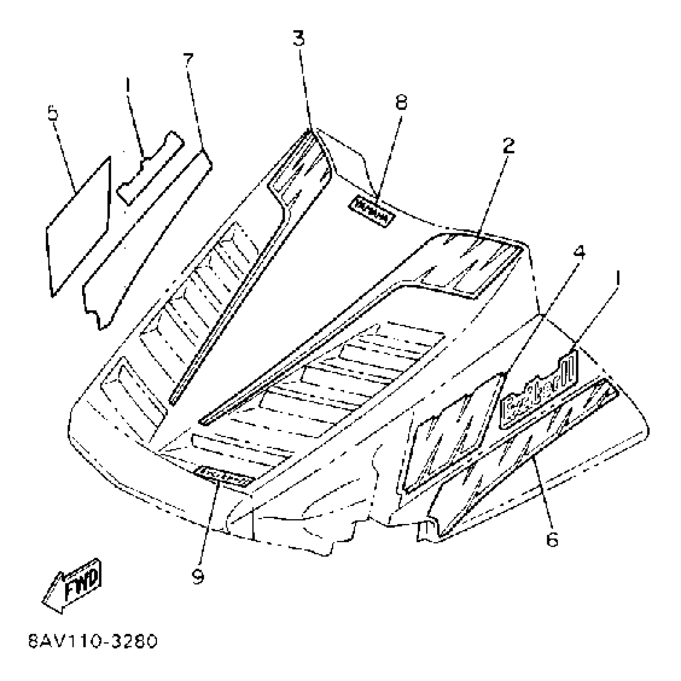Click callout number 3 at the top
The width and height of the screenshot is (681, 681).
click(x=298, y=39)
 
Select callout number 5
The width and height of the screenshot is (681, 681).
click(x=53, y=113)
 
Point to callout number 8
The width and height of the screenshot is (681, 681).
click(x=401, y=102)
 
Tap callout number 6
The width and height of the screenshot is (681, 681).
click(x=552, y=540)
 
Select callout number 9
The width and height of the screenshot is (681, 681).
click(x=198, y=576)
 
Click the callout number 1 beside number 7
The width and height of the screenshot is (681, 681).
click(x=127, y=85)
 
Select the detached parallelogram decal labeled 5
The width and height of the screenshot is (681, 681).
click(x=78, y=226)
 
